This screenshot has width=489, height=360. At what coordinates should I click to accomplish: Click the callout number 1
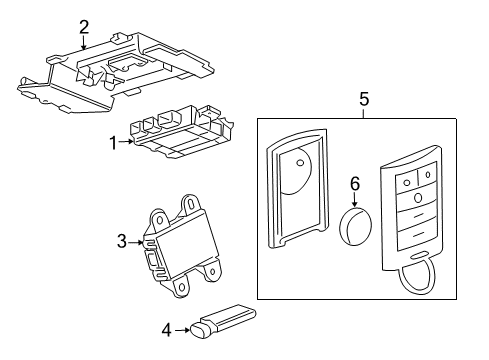(114, 142)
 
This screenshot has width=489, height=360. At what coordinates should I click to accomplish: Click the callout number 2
(84, 26)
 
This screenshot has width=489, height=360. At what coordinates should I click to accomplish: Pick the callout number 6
(353, 183)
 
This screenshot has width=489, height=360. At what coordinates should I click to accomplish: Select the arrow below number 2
(84, 41)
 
